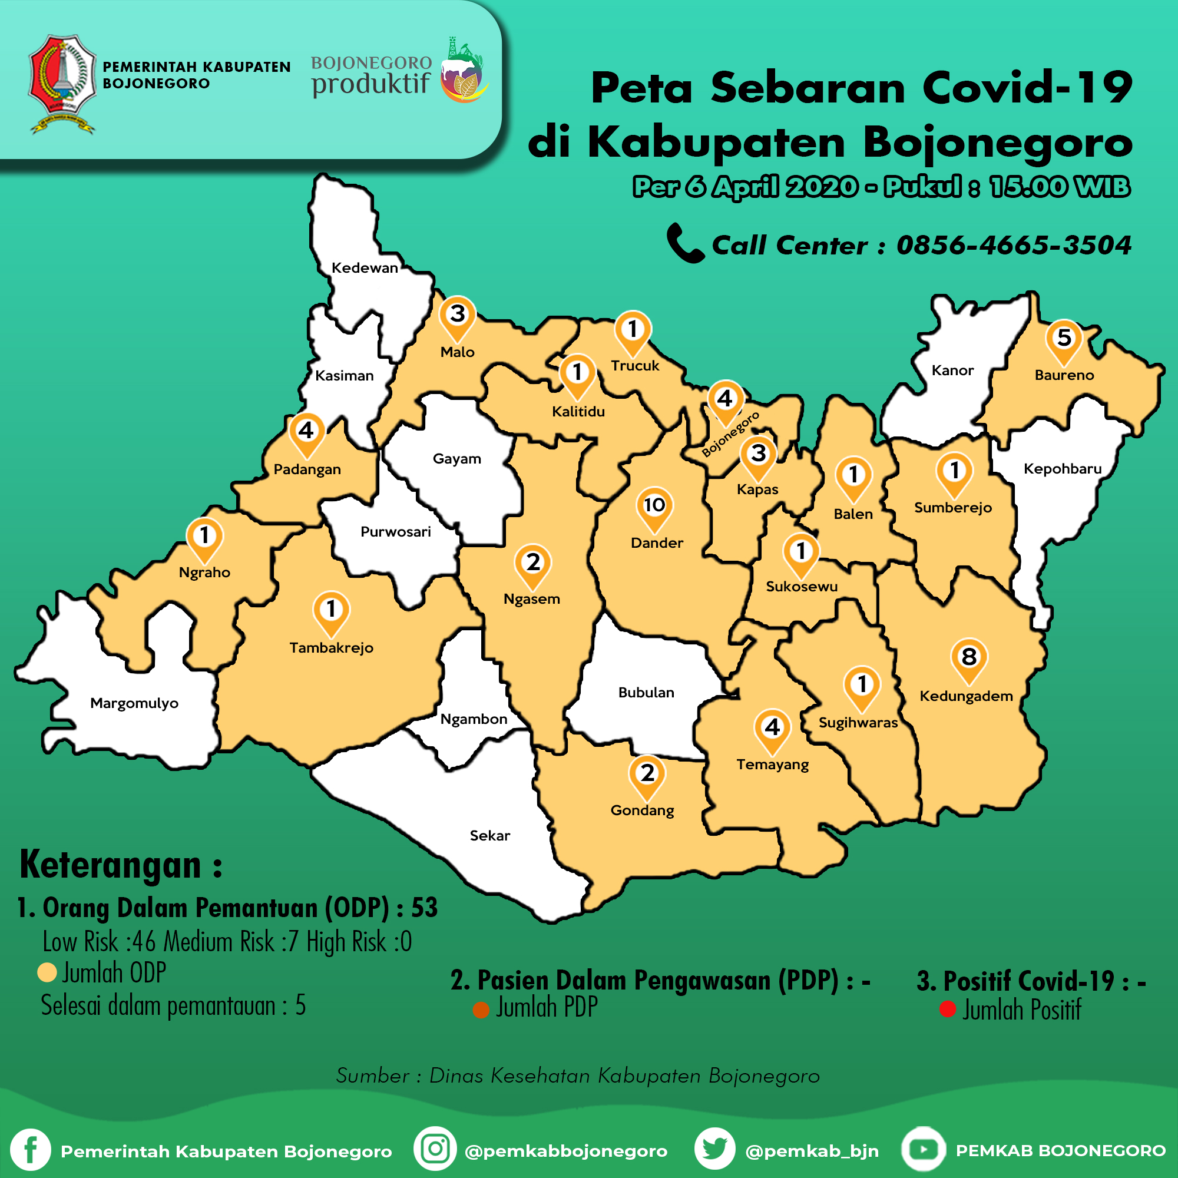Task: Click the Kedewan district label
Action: point(365,267)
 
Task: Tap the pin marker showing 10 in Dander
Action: point(654,506)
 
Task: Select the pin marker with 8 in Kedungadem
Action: point(969,659)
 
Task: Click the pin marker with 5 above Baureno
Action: point(1064,339)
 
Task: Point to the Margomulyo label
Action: point(134,703)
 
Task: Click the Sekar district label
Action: point(489,835)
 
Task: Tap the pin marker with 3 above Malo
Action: point(457,316)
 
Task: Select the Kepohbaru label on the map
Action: point(1062,469)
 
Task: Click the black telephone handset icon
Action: point(685,243)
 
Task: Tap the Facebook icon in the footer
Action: point(31,1150)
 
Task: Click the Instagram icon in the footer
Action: point(435,1149)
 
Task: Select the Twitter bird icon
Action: point(714,1149)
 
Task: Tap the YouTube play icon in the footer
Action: point(923,1149)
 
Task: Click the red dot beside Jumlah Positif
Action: point(948,1009)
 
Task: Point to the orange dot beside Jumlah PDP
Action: point(481,1010)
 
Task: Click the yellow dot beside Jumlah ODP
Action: point(47,972)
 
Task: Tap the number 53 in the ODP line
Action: point(424,908)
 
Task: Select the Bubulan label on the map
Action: point(646,693)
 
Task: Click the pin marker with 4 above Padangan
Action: point(306,432)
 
